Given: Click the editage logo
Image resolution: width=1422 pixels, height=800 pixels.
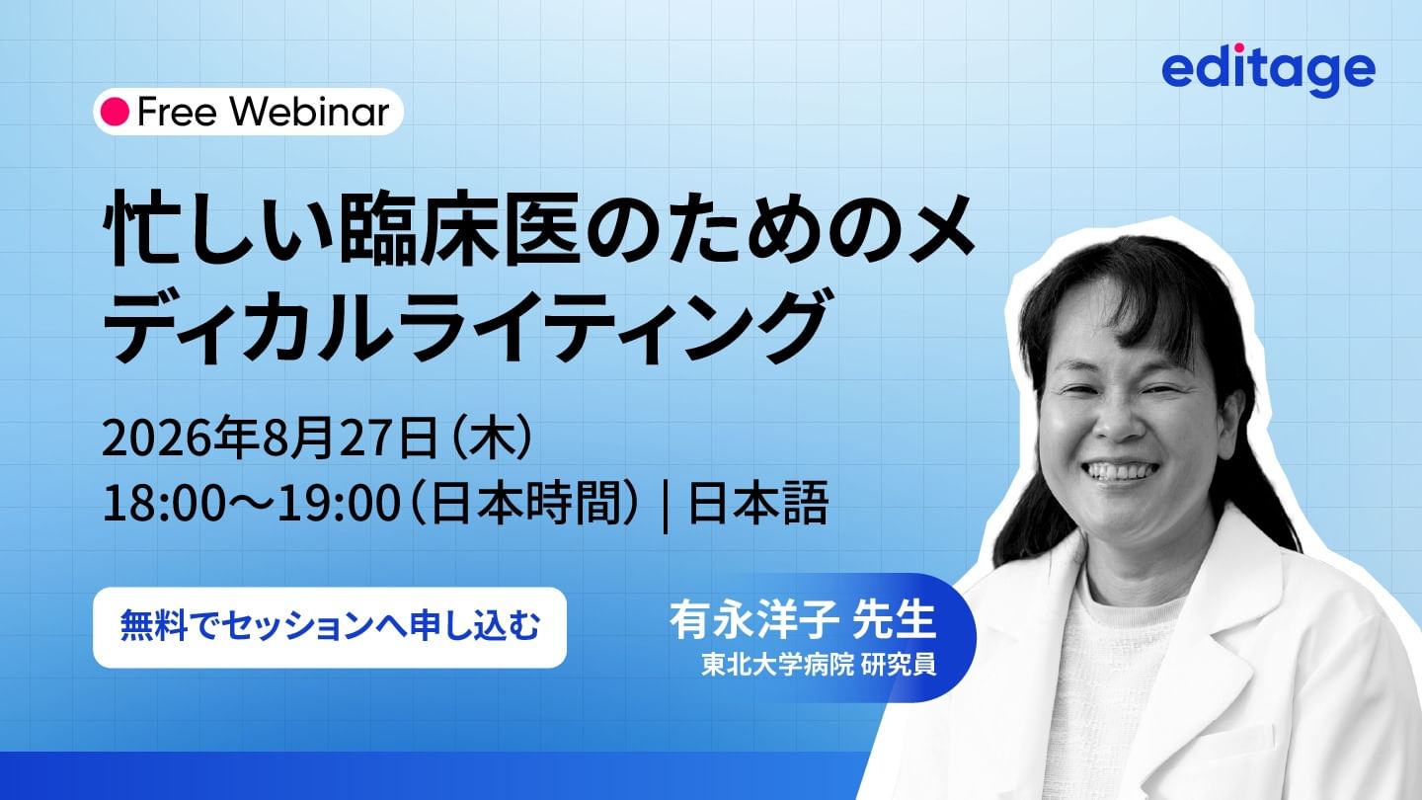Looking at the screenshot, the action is [1268, 71].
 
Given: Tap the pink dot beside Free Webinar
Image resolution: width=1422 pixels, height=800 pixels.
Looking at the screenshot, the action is [115, 112].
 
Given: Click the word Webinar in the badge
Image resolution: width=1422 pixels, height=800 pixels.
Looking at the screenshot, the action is [309, 112].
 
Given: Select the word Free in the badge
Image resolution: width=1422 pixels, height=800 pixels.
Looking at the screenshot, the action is [178, 112].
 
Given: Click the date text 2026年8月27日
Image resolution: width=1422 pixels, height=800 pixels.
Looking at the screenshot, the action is [270, 439].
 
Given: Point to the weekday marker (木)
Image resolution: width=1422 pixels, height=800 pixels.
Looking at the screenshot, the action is [490, 439].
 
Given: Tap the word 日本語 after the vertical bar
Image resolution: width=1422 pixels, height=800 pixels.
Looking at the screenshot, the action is [758, 504].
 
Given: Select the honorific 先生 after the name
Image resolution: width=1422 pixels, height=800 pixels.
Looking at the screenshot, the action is [895, 620].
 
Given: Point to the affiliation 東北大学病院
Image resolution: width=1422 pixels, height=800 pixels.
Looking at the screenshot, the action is [777, 665].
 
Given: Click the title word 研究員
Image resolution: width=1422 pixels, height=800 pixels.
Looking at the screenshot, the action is [899, 665].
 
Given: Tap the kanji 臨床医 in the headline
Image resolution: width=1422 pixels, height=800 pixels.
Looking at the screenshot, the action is [459, 229].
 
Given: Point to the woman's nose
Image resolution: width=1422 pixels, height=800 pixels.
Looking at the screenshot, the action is [1124, 424].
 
